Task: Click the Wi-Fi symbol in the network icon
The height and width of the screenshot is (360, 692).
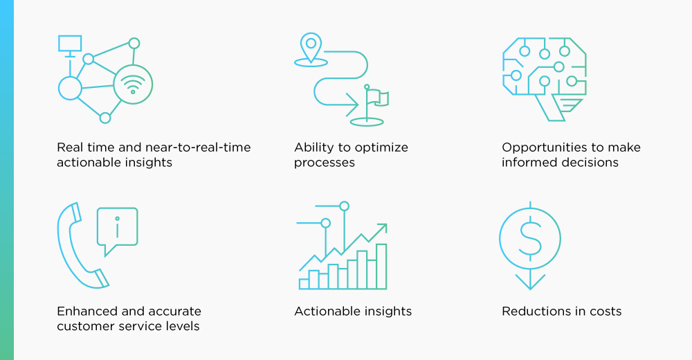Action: coord(133,84)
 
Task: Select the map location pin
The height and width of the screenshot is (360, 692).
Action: coord(311,47)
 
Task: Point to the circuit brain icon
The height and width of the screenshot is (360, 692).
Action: coord(545,79)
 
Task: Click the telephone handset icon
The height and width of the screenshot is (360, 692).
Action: coord(82,246)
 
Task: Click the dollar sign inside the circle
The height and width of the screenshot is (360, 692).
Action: coord(530,239)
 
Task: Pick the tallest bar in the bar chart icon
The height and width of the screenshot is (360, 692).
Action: coord(381,267)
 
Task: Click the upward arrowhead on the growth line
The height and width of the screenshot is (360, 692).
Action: coord(381,229)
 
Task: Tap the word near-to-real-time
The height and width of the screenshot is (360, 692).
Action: coord(198,147)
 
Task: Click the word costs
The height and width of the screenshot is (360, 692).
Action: coord(605,312)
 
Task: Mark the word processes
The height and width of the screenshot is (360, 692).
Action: coord(325,163)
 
